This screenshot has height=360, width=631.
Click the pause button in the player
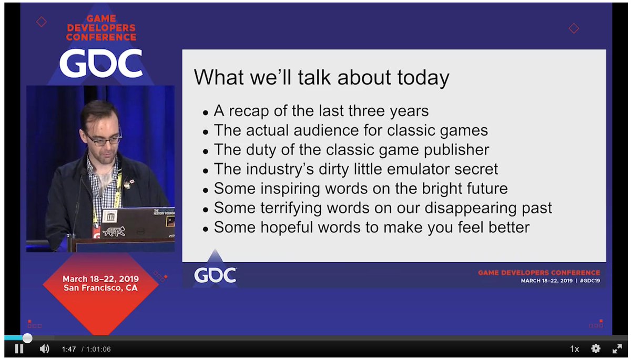click(19, 349)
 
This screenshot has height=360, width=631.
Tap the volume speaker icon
click(45, 349)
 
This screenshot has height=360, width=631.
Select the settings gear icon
click(595, 349)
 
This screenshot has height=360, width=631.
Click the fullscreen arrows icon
click(617, 349)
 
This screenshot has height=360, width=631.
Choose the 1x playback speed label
click(574, 349)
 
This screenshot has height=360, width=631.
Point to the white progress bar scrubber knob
click(27, 338)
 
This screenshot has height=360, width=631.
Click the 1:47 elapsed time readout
click(69, 349)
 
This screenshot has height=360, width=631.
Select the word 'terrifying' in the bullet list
click(291, 209)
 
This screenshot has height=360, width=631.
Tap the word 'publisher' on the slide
click(456, 150)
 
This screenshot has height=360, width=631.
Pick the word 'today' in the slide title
click(423, 78)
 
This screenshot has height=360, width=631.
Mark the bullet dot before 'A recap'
click(206, 113)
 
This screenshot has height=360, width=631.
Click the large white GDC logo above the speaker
click(101, 63)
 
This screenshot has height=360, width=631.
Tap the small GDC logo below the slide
click(215, 275)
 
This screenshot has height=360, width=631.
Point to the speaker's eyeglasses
click(104, 140)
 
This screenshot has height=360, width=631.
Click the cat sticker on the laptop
click(114, 231)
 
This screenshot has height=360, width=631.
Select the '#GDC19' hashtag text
click(590, 281)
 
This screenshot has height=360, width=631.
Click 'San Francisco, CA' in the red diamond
click(100, 288)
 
